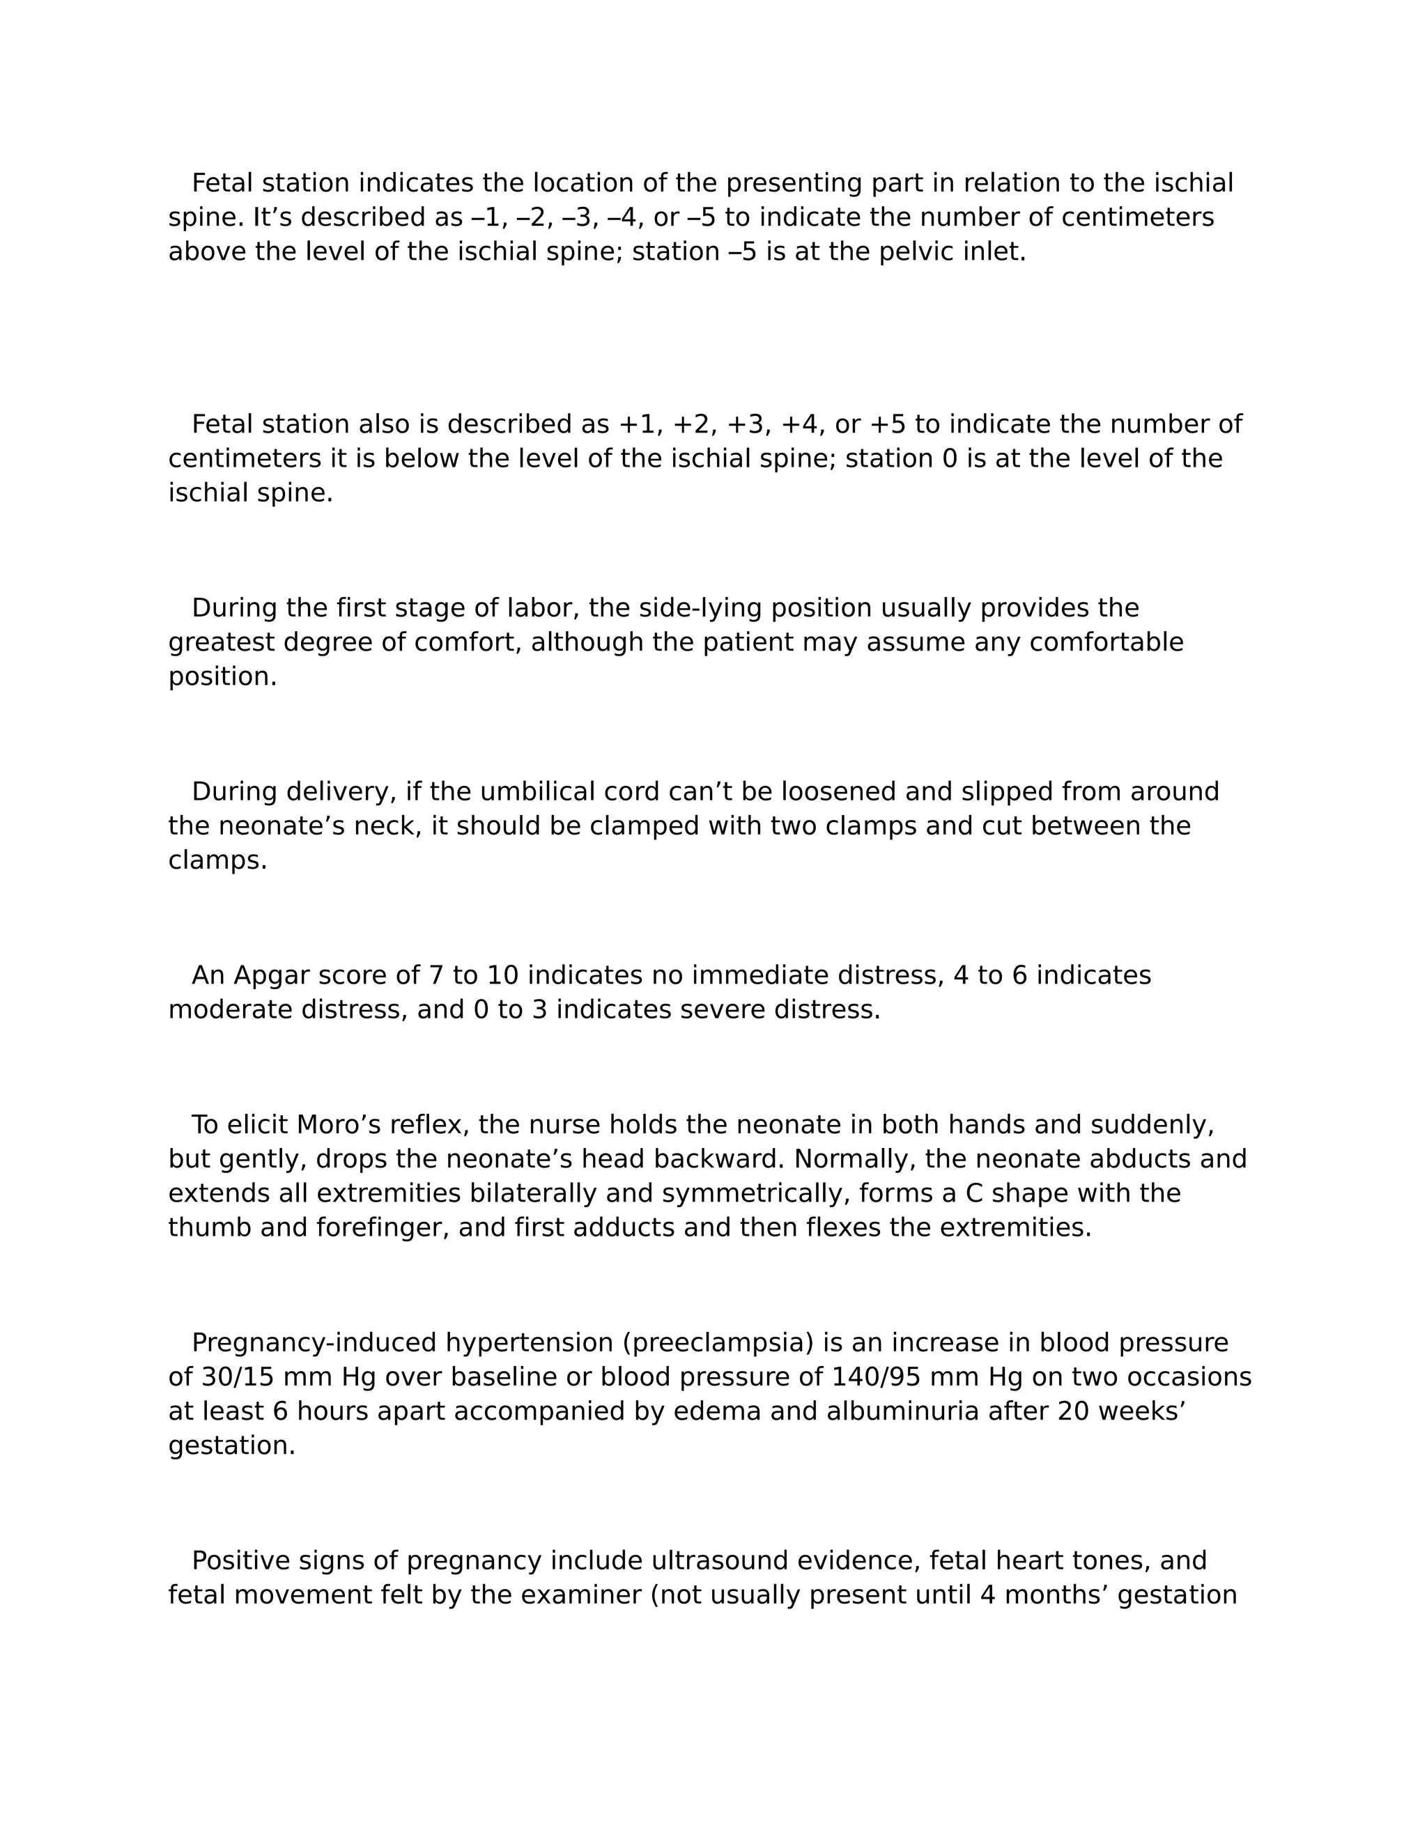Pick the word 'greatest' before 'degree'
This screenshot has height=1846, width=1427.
point(222,642)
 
